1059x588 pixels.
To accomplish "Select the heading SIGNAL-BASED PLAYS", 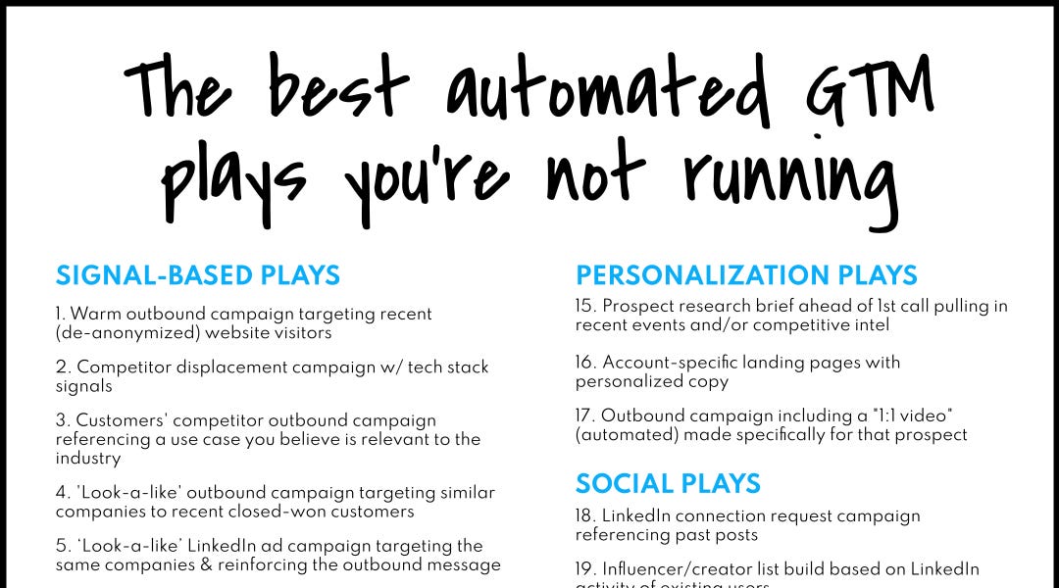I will [198, 275].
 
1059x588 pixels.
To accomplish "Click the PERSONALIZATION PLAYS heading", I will [746, 275].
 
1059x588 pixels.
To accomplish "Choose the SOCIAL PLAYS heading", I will [668, 483].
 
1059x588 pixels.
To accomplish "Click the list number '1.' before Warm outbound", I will [61, 315].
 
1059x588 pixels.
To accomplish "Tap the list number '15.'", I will [585, 307].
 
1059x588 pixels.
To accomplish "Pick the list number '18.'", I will [585, 515].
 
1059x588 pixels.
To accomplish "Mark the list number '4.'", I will [62, 493].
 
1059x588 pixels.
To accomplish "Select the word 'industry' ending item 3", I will [88, 458].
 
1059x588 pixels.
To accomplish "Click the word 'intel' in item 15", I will [869, 324].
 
